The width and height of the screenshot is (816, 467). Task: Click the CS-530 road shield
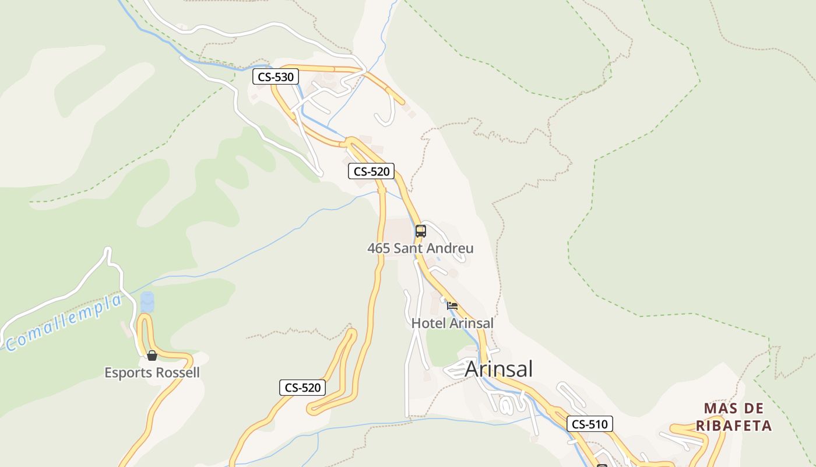pyautogui.click(x=276, y=76)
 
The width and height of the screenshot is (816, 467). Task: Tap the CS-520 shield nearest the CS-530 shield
pyautogui.click(x=371, y=171)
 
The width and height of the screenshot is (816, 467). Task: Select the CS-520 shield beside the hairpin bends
pyautogui.click(x=303, y=387)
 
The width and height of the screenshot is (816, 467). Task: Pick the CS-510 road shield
pyautogui.click(x=590, y=424)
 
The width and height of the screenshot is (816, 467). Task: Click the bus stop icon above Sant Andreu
pyautogui.click(x=420, y=231)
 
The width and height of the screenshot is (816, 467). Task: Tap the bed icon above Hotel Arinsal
pyautogui.click(x=452, y=305)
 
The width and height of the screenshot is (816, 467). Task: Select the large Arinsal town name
pyautogui.click(x=498, y=369)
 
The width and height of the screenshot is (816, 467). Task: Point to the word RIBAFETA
pyautogui.click(x=734, y=426)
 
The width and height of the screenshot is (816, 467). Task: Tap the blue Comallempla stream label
pyautogui.click(x=64, y=323)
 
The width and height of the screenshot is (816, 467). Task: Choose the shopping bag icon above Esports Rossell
pyautogui.click(x=152, y=356)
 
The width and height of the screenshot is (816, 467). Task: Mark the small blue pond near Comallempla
pyautogui.click(x=147, y=302)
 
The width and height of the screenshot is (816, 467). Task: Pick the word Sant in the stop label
pyautogui.click(x=407, y=248)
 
